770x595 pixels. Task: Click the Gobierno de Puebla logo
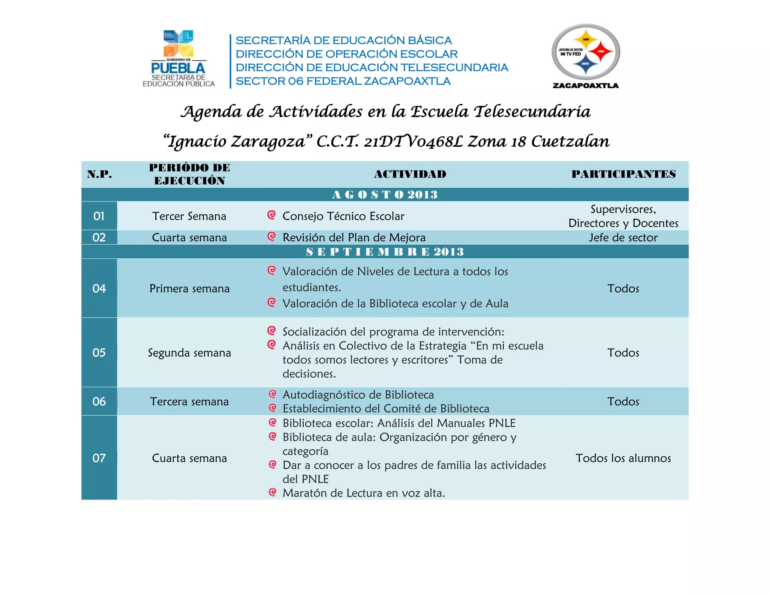click(x=179, y=58)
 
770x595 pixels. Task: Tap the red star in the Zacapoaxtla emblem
click(x=600, y=52)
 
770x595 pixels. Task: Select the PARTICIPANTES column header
click(x=623, y=174)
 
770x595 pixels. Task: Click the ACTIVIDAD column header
click(x=410, y=174)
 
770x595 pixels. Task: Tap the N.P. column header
click(x=99, y=174)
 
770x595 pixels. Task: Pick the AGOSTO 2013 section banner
click(x=385, y=194)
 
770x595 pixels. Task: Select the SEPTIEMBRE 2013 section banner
click(x=385, y=252)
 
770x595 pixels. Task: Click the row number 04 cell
click(x=99, y=288)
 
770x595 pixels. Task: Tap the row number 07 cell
click(x=99, y=458)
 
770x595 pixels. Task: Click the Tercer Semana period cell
click(x=189, y=216)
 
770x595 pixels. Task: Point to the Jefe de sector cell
click(x=623, y=238)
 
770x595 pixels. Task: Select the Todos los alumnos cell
click(x=623, y=458)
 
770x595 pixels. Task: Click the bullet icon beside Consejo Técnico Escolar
click(x=271, y=215)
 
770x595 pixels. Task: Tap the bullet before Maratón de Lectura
click(x=273, y=492)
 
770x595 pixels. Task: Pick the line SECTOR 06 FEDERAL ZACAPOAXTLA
click(x=343, y=81)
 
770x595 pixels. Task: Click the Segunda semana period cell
click(x=189, y=353)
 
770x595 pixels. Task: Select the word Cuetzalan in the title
click(x=570, y=141)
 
